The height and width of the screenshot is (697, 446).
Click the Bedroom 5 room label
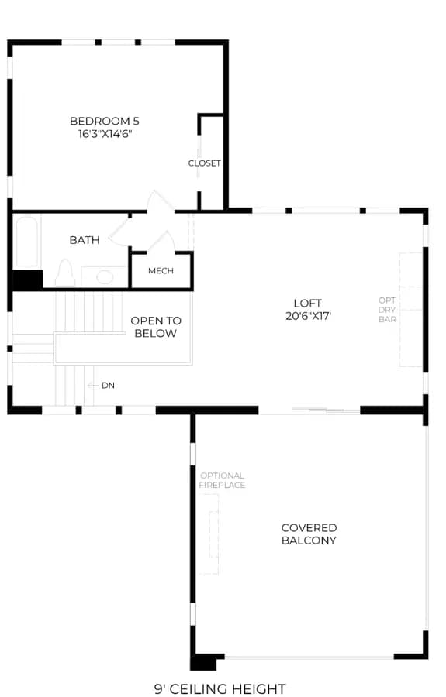pyautogui.click(x=105, y=121)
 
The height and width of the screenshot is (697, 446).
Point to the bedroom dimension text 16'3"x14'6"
pyautogui.click(x=105, y=134)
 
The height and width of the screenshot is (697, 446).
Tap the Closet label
pyautogui.click(x=204, y=163)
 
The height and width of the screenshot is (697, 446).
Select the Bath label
pyautogui.click(x=85, y=240)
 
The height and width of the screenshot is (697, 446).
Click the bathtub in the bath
pyautogui.click(x=26, y=242)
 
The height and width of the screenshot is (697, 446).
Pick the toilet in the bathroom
pyautogui.click(x=65, y=273)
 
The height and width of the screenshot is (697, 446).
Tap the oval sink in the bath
pyautogui.click(x=105, y=277)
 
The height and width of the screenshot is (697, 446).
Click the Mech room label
pyautogui.click(x=161, y=271)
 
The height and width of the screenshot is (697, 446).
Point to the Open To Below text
pyautogui.click(x=156, y=327)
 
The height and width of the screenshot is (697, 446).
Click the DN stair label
pyautogui.click(x=108, y=386)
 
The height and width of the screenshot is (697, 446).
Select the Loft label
pyautogui.click(x=308, y=303)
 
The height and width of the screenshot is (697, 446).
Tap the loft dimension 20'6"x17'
pyautogui.click(x=309, y=316)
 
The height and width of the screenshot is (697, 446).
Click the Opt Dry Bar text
pyautogui.click(x=387, y=310)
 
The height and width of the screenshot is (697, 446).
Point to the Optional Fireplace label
pyautogui.click(x=222, y=480)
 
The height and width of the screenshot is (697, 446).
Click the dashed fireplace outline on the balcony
pyautogui.click(x=209, y=534)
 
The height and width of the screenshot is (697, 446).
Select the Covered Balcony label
pyautogui.click(x=309, y=534)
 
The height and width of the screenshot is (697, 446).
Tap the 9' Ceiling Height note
pyautogui.click(x=220, y=689)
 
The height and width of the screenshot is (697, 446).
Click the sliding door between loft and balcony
pyautogui.click(x=326, y=410)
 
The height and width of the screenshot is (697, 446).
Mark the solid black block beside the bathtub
pyautogui.click(x=28, y=280)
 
